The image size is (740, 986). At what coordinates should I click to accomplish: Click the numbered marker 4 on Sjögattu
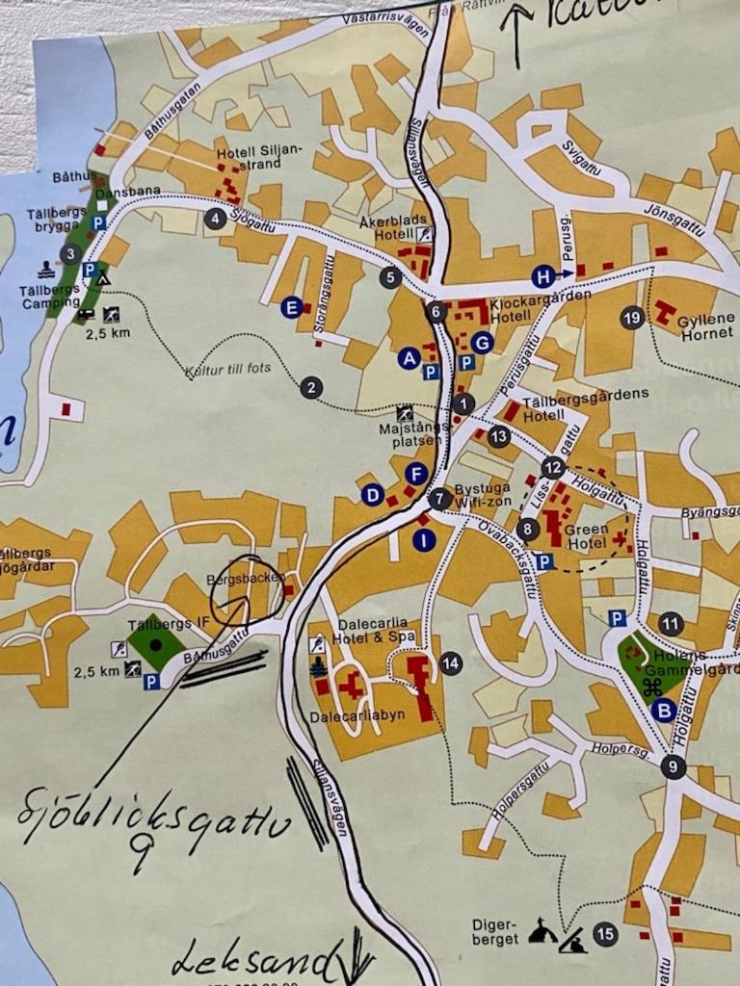pyautogui.click(x=216, y=220)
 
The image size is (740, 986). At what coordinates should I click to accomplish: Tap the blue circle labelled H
pyautogui.click(x=543, y=277)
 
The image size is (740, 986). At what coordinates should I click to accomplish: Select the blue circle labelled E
pyautogui.click(x=291, y=308)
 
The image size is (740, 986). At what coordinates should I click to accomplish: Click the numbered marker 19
pyautogui.click(x=632, y=317)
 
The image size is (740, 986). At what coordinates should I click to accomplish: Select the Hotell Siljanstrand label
pyautogui.click(x=249, y=158)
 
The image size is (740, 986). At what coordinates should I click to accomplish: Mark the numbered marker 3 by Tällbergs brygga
pyautogui.click(x=69, y=254)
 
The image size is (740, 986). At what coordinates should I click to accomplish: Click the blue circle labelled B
pyautogui.click(x=663, y=711)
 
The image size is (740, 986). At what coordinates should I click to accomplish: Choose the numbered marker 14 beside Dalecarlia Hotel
pyautogui.click(x=450, y=662)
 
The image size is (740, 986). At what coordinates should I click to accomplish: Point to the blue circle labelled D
pyautogui.click(x=373, y=495)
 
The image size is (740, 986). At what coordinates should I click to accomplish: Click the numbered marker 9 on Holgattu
pyautogui.click(x=674, y=767)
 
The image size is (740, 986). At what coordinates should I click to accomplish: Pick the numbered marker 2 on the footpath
pyautogui.click(x=310, y=388)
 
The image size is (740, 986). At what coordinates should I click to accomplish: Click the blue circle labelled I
pyautogui.click(x=424, y=540)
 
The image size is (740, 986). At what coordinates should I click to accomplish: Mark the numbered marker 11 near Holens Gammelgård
pyautogui.click(x=671, y=624)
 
